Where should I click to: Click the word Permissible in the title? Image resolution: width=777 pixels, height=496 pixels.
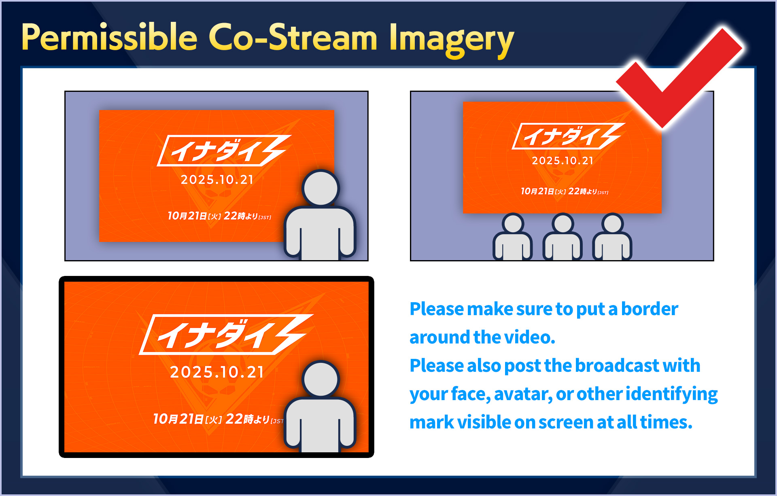click(109, 38)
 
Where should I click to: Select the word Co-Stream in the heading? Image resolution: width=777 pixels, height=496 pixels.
click(293, 38)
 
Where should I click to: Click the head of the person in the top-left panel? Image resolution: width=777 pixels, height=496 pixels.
click(321, 189)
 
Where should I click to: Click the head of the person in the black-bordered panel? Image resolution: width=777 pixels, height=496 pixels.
click(321, 379)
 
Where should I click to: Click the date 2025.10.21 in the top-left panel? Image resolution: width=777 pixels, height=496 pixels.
click(217, 180)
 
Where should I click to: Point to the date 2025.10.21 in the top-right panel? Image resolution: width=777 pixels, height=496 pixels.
click(563, 161)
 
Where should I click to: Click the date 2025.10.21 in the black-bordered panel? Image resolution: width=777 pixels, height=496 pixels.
click(217, 372)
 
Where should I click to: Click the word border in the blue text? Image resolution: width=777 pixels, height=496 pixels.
click(649, 309)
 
